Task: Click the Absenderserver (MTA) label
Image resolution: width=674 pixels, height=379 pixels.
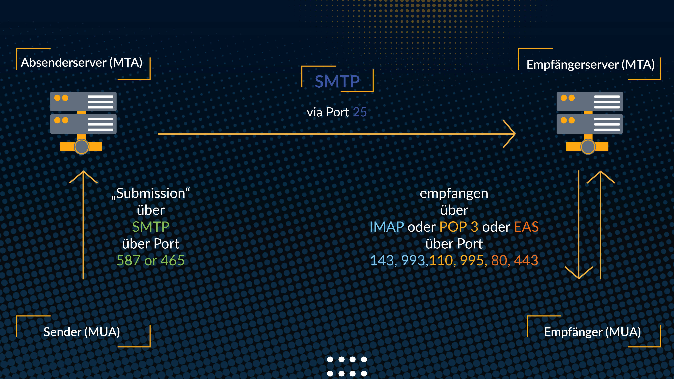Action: [x=82, y=63]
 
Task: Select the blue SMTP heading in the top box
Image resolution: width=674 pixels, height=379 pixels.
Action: [x=337, y=81]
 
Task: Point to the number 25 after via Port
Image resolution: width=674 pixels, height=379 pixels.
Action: [x=360, y=112]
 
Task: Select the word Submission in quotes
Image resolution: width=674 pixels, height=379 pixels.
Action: [x=151, y=194]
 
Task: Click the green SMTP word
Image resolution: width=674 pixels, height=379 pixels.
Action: [x=151, y=227]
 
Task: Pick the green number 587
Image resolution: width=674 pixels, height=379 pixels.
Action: [x=128, y=261]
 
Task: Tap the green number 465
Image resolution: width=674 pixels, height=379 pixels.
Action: [x=173, y=261]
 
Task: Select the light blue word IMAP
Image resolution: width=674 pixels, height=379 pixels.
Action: [x=387, y=227]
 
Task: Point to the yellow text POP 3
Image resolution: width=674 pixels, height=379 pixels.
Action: [x=459, y=227]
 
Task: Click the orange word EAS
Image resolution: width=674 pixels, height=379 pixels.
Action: [x=526, y=227]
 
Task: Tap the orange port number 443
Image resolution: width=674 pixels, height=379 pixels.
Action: [x=526, y=261]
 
